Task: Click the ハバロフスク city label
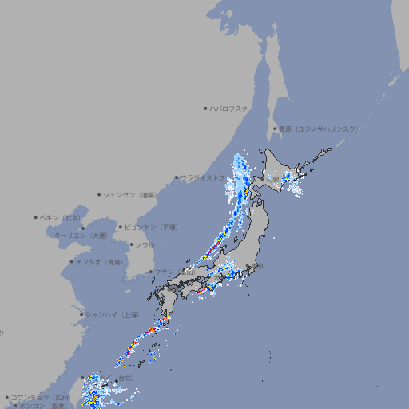point(228,108)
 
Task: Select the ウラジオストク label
point(203,177)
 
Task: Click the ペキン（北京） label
point(62,217)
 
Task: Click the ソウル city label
point(144,244)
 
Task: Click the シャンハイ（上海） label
point(112,315)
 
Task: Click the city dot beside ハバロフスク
point(205,108)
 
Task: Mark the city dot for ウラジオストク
point(177,177)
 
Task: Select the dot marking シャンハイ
point(81,315)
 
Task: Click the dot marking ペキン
point(36,217)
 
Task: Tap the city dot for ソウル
point(130,244)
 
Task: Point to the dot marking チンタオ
point(71,261)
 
